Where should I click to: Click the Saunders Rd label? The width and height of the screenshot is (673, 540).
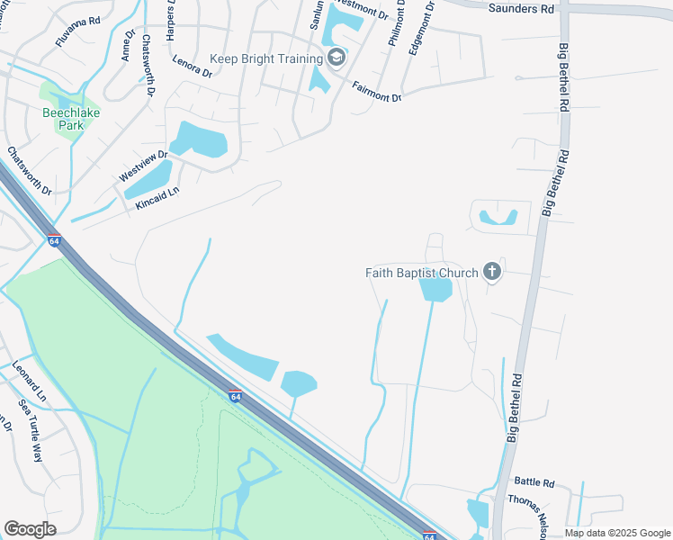(x=521, y=8)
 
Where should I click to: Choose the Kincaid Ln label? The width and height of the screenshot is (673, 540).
(x=157, y=193)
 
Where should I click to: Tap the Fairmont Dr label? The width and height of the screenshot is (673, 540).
(x=377, y=91)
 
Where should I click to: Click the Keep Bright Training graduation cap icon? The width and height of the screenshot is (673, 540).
(x=336, y=59)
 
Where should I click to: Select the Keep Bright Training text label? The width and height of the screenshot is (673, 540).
(x=266, y=59)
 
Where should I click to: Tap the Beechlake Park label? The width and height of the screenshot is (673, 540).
(x=64, y=119)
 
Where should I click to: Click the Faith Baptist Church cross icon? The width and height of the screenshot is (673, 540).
(x=491, y=271)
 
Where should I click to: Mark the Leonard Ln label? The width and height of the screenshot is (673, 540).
(x=29, y=381)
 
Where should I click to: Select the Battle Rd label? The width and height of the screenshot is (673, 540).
(x=535, y=482)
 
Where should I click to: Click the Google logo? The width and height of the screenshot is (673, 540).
(x=30, y=529)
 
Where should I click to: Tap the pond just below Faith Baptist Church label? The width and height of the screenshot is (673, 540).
(x=435, y=290)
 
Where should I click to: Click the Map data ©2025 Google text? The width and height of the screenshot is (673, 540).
(x=617, y=533)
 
